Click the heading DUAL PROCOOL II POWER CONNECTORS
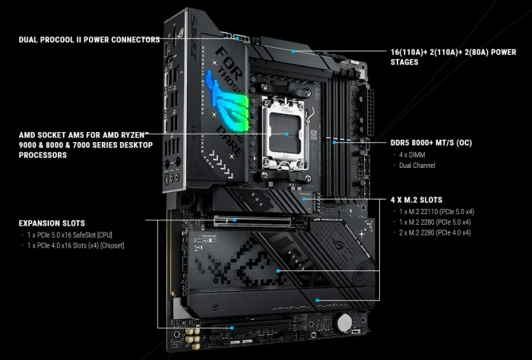click(89, 39)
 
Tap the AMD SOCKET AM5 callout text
click(86, 144)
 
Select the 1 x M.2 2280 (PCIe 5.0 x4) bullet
click(434, 221)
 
